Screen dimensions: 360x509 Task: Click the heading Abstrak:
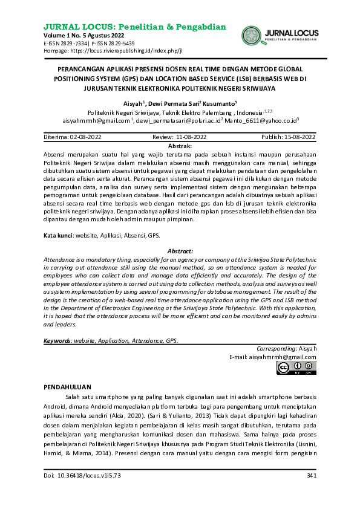point(180,146)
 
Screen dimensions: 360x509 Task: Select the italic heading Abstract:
point(180,251)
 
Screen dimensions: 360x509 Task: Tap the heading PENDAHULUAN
point(68,386)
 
